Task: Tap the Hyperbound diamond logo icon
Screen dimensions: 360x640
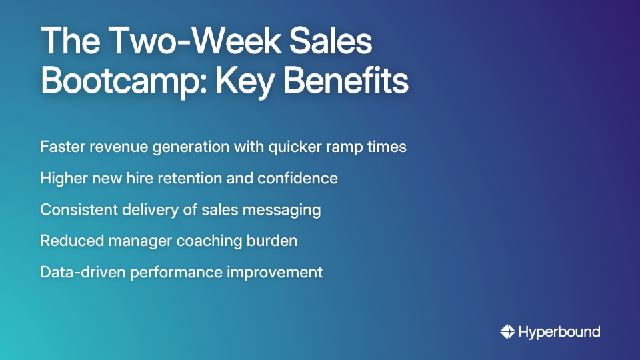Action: (507, 331)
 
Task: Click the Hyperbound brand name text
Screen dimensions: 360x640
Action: (559, 331)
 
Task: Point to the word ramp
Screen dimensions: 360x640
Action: (343, 146)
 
